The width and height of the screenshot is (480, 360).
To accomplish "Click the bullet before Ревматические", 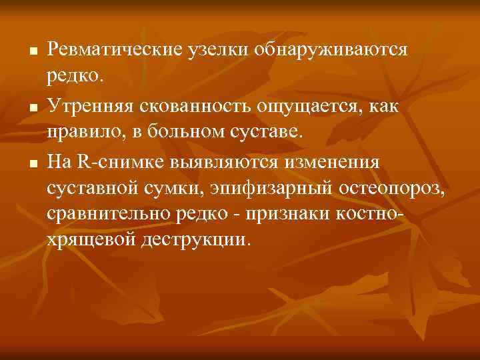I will click(31, 51).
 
